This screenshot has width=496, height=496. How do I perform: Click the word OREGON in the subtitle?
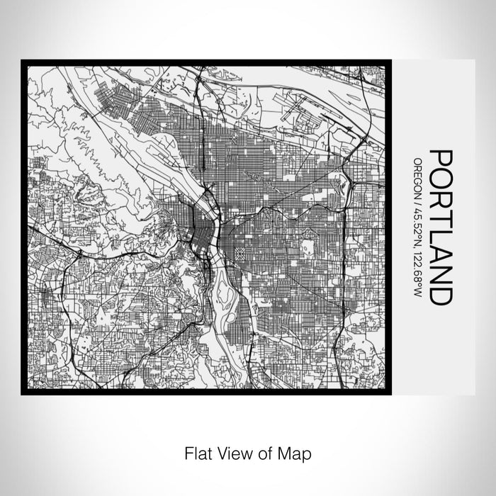(420, 170)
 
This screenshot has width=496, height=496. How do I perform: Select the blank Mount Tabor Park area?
(308, 248)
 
